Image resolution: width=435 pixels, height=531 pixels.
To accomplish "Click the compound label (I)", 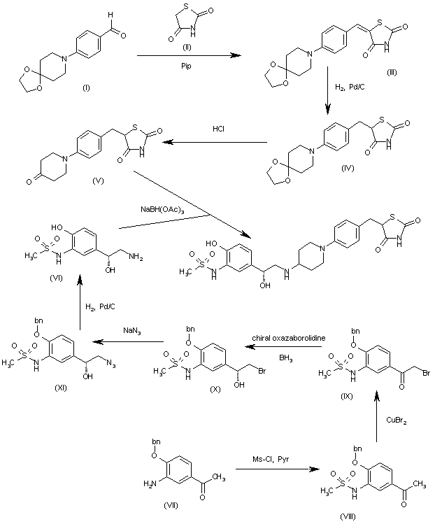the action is click(x=86, y=88).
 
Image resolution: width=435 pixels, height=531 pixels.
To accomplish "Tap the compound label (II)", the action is click(x=187, y=48).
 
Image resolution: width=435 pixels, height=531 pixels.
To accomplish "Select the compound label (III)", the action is click(x=392, y=72).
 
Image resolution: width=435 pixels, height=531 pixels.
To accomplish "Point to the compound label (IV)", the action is click(x=348, y=168).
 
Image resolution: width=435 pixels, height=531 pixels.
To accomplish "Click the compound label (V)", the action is click(x=98, y=180).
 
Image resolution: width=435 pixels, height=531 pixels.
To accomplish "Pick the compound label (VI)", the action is click(x=57, y=279).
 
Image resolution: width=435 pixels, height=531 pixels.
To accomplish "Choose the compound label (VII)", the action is click(x=171, y=506).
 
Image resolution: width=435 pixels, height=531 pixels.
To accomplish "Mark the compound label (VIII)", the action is click(x=348, y=516).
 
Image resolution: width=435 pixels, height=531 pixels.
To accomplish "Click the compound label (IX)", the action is click(x=347, y=396).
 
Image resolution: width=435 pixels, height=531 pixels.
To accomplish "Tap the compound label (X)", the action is click(x=215, y=390).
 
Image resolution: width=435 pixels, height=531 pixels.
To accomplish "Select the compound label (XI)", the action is click(x=61, y=388).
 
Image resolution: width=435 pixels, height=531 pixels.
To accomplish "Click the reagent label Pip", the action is click(x=186, y=66).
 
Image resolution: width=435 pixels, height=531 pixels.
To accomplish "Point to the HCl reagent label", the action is click(x=218, y=129).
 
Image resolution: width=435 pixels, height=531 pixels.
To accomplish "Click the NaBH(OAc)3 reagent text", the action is click(x=162, y=210).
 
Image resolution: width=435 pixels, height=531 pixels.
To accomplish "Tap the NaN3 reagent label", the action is click(x=132, y=330).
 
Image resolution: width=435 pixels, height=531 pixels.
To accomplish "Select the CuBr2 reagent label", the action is click(x=397, y=420).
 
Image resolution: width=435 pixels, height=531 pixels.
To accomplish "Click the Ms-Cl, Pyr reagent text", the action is click(x=271, y=459).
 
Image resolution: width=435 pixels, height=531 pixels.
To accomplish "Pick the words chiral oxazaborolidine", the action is click(x=288, y=339).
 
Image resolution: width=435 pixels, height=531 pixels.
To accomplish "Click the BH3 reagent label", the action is click(x=286, y=358).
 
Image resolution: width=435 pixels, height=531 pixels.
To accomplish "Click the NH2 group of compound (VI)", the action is click(x=136, y=257).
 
